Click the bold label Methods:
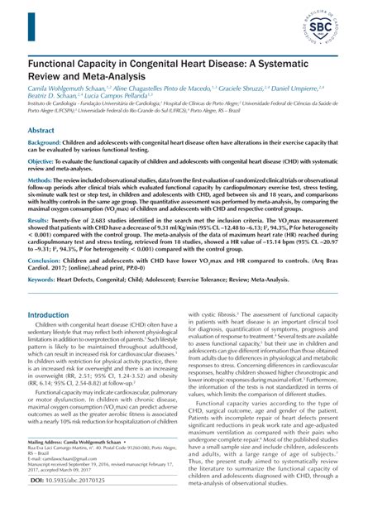(45, 180)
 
